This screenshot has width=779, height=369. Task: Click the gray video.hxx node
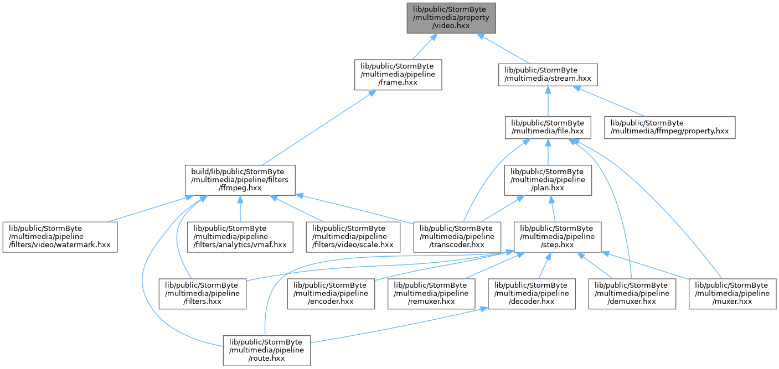click(451, 18)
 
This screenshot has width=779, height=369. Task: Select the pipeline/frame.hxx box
click(398, 75)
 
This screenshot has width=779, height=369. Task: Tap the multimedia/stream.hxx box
click(548, 75)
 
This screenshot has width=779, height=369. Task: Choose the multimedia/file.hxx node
click(548, 127)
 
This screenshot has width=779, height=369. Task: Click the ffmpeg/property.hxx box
click(669, 127)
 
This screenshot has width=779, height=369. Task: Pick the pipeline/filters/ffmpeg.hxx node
click(240, 180)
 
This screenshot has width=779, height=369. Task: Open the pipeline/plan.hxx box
click(548, 180)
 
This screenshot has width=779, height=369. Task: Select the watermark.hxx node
click(60, 237)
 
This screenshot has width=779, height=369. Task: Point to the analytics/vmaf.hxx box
click(240, 237)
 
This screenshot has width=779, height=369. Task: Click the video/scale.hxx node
click(353, 237)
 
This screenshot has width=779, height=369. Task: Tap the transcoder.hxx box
click(457, 237)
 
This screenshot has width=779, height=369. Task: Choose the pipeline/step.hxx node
click(558, 237)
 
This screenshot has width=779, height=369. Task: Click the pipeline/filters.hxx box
click(203, 294)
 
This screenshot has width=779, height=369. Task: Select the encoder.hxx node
click(331, 294)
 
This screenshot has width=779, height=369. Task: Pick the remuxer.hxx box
click(431, 294)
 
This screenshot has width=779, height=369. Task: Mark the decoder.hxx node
click(532, 294)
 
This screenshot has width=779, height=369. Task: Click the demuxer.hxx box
click(632, 294)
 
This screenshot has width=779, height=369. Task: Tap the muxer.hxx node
click(732, 294)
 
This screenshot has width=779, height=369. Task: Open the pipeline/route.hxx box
click(267, 350)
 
